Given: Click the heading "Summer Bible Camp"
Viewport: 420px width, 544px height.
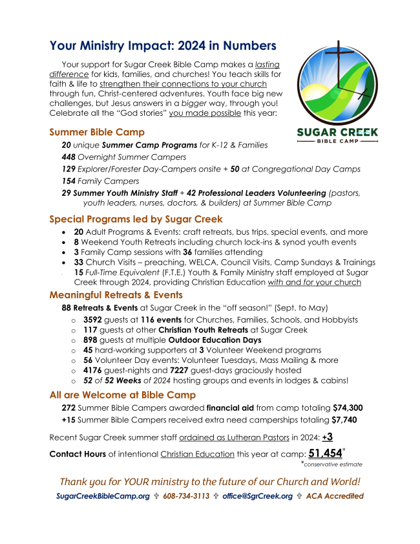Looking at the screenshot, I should point(97,133).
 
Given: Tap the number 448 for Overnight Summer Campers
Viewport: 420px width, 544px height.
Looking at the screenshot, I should point(68,157).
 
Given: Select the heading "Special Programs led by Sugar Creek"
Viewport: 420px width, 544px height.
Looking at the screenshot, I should point(136,219).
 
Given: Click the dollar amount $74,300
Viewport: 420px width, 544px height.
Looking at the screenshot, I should point(348,408).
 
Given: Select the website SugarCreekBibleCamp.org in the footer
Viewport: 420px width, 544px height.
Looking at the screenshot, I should point(103,496).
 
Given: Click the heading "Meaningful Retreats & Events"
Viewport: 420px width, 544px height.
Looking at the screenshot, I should point(116,295).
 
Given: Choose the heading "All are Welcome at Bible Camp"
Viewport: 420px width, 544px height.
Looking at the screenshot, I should point(122,395).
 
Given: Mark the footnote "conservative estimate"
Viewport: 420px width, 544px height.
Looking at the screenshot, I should point(333,464).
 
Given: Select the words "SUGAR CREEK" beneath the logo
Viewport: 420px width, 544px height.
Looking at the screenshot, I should point(337,133).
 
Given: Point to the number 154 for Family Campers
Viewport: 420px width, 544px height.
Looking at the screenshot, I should point(68,181).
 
